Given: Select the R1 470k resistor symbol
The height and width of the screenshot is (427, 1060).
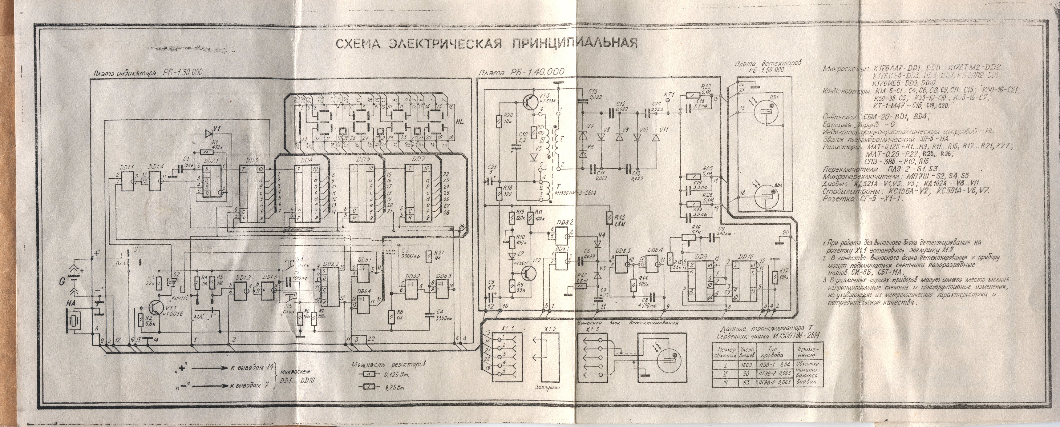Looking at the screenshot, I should point(203,152).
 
